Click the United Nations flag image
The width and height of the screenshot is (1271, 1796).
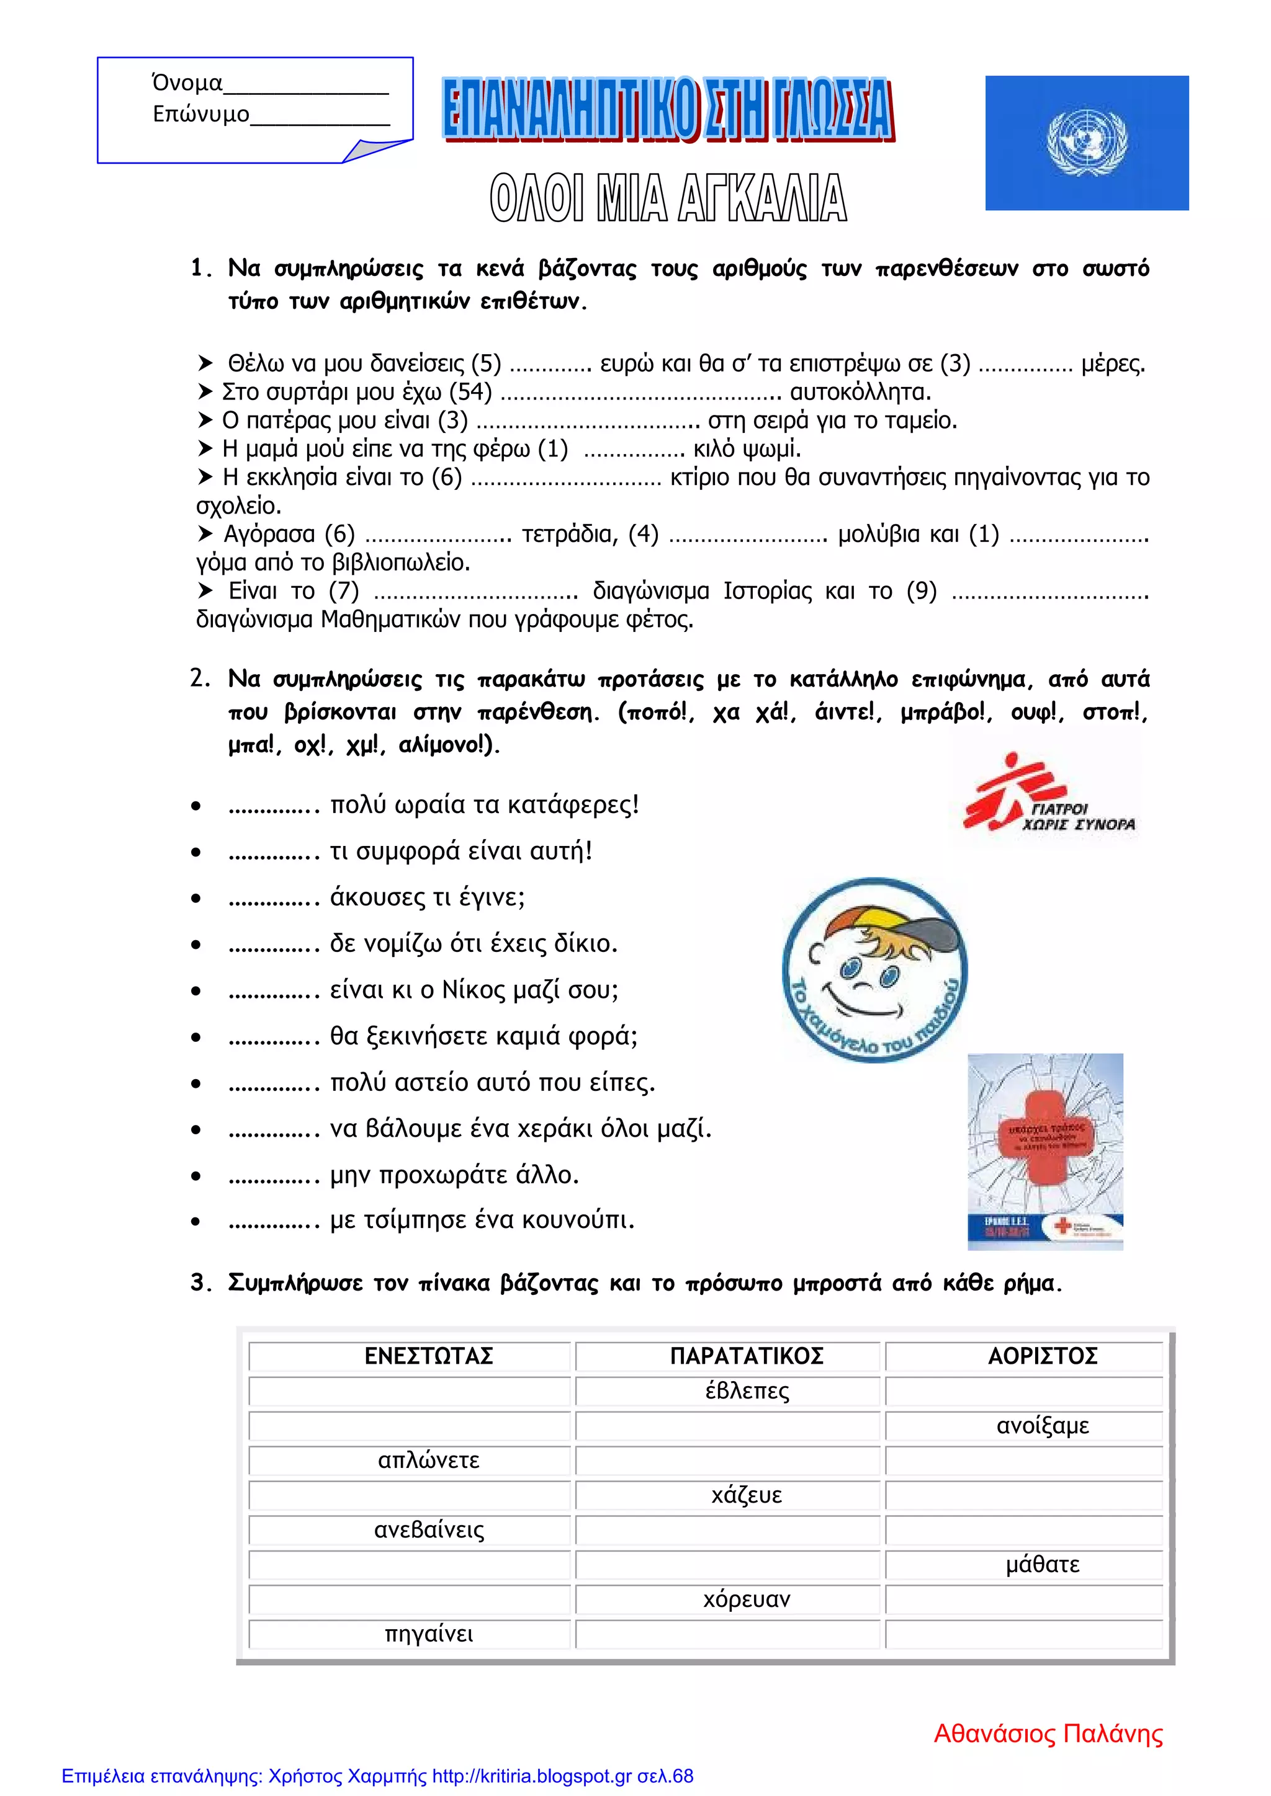pyautogui.click(x=1086, y=143)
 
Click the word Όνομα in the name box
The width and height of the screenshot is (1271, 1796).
pyautogui.click(x=187, y=83)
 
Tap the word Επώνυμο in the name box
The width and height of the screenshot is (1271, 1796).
pyautogui.click(x=201, y=114)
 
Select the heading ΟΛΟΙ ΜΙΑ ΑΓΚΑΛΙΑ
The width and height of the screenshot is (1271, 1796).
pyautogui.click(x=668, y=198)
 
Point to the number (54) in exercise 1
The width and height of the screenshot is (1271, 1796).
pyautogui.click(x=470, y=392)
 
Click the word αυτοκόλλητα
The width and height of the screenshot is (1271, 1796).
pyautogui.click(x=860, y=392)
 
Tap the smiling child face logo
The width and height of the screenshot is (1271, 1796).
pyautogui.click(x=874, y=970)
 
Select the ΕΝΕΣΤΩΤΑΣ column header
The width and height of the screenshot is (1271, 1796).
pyautogui.click(x=429, y=1356)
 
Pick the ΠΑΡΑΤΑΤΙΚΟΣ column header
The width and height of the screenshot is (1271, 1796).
pyautogui.click(x=747, y=1356)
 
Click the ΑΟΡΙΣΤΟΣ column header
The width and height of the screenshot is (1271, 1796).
pyautogui.click(x=1043, y=1356)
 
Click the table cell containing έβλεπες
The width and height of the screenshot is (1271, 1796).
pyautogui.click(x=747, y=1391)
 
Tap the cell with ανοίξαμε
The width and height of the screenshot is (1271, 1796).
pyautogui.click(x=1043, y=1425)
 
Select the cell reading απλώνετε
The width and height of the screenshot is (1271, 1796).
pyautogui.click(x=429, y=1460)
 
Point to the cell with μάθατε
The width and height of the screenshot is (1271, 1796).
pyautogui.click(x=1043, y=1565)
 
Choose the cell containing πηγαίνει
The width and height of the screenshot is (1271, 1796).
pyautogui.click(x=429, y=1634)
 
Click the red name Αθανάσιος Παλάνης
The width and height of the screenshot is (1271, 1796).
pyautogui.click(x=1048, y=1734)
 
